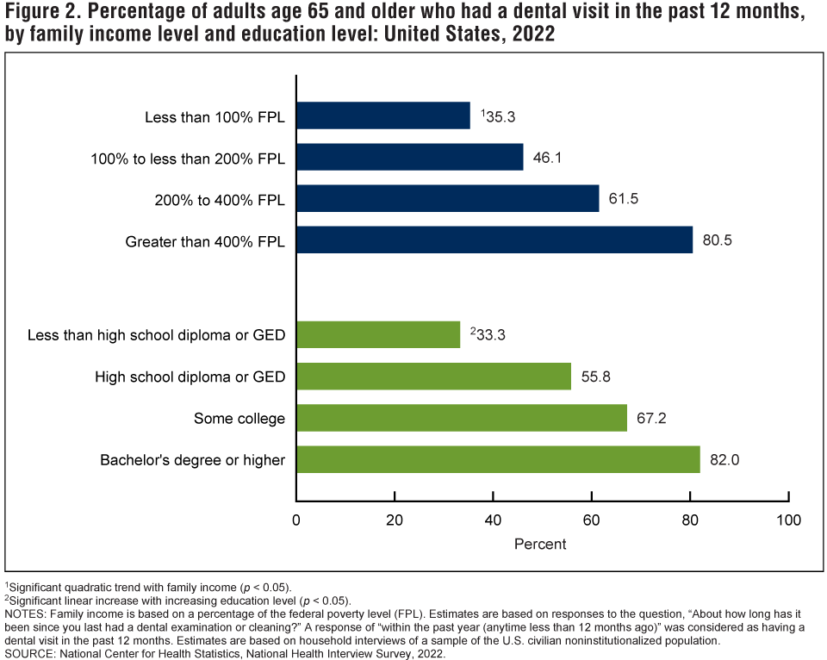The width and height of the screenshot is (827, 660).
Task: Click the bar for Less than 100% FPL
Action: click(383, 115)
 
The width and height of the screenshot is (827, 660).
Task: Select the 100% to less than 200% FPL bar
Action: click(410, 157)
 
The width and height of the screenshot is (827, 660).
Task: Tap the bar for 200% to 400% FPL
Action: click(448, 198)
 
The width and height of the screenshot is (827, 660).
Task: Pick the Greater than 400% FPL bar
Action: click(494, 240)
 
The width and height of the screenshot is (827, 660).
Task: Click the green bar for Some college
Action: click(462, 418)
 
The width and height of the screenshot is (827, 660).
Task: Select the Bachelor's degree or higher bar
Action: click(498, 459)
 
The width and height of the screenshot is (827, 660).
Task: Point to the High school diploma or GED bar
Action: click(433, 377)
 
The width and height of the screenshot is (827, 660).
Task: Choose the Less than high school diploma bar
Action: click(378, 334)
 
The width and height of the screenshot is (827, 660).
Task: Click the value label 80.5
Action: click(717, 240)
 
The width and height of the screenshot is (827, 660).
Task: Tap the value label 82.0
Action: click(724, 460)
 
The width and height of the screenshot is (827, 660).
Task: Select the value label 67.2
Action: click(651, 419)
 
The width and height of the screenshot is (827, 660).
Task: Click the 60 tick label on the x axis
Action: click(592, 520)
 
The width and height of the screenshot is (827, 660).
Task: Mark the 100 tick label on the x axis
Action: click(788, 520)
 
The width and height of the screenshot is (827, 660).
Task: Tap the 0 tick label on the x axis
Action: click(296, 520)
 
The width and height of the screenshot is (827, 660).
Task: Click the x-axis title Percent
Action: click(540, 545)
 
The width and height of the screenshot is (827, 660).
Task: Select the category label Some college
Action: click(239, 419)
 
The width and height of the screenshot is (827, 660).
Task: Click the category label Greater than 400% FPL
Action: click(205, 240)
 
